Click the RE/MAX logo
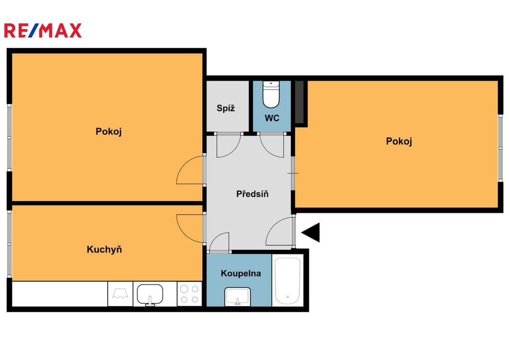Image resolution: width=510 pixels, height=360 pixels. pos(43,30)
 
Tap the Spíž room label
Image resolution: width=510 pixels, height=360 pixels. pos(226,108)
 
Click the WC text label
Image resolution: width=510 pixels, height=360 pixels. pos(272,118)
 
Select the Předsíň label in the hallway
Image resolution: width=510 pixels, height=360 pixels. pos(253,194)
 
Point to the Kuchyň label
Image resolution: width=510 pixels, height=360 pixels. pos(105,249)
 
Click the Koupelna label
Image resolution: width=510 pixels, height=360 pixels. pos(241,273)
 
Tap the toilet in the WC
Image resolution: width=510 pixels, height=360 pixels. pos(271,94)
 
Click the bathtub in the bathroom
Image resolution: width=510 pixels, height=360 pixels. pos(287,281)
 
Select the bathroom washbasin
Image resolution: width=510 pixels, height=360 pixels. pos(238,297)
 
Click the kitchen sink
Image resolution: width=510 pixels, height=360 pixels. pos(149,295)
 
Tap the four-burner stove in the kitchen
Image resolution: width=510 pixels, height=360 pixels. pos(189,294)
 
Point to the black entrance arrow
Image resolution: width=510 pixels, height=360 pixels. pos(311,233)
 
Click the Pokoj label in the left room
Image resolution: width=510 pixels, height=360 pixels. pos(109,131)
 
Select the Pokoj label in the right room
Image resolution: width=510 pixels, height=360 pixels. pos(399,141)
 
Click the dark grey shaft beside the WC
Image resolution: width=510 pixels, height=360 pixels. pos(299,102)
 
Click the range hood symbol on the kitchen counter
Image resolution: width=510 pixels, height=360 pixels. pos(121,294)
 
